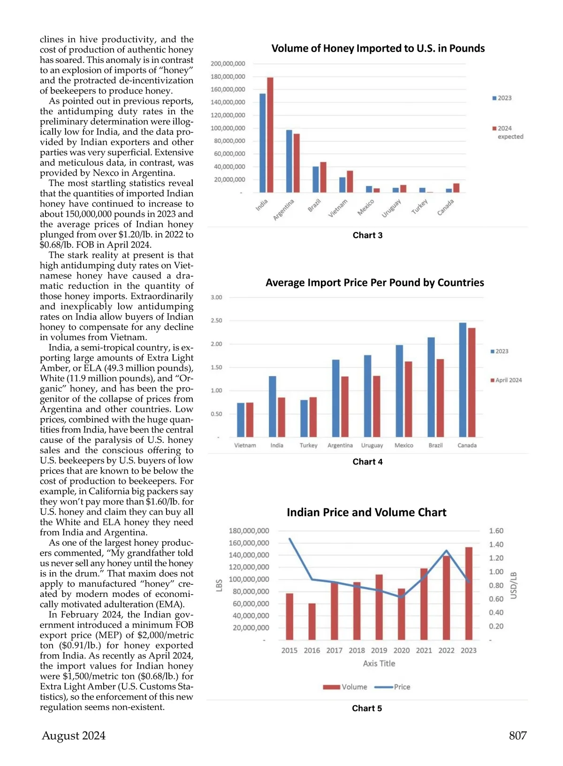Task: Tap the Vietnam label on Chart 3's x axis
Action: pyautogui.click(x=338, y=208)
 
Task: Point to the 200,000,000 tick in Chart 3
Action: pyautogui.click(x=228, y=63)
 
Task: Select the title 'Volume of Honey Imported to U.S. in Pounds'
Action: pyautogui.click(x=378, y=48)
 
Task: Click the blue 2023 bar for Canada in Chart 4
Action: pyautogui.click(x=463, y=380)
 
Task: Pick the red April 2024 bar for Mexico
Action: pyautogui.click(x=409, y=399)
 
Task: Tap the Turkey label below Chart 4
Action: pyautogui.click(x=308, y=445)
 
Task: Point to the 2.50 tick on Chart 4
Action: pyautogui.click(x=216, y=320)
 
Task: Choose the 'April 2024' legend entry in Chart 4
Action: pyautogui.click(x=506, y=380)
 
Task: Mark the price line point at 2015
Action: pyautogui.click(x=289, y=539)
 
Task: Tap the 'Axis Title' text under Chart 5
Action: pyautogui.click(x=379, y=663)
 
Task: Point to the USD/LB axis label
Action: pyautogui.click(x=514, y=585)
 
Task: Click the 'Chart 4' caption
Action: pyautogui.click(x=367, y=462)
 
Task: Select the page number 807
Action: pyautogui.click(x=518, y=735)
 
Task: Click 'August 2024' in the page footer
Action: pyautogui.click(x=74, y=735)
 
